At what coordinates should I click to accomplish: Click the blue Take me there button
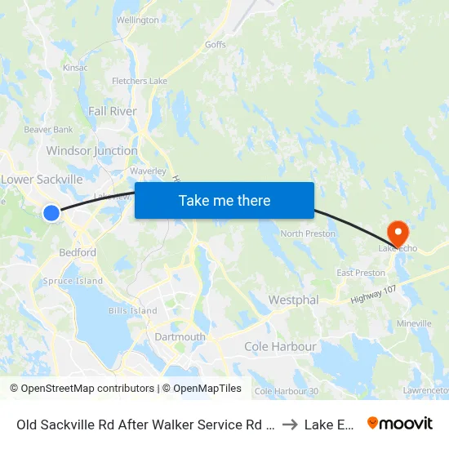click(224, 200)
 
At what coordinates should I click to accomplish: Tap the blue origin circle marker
click(51, 213)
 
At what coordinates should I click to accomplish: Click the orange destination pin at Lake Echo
click(398, 232)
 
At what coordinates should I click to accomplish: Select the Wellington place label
click(137, 20)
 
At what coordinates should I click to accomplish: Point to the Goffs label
click(216, 45)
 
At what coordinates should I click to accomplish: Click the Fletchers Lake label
click(140, 81)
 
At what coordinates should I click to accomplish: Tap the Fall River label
click(113, 111)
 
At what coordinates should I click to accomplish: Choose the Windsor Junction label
click(91, 151)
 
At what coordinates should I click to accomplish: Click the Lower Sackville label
click(42, 180)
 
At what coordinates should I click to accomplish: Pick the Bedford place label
click(78, 253)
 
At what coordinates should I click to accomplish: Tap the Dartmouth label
click(180, 337)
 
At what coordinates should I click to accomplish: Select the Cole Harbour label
click(280, 347)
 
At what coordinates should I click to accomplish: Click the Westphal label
click(293, 300)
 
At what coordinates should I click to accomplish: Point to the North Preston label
click(309, 234)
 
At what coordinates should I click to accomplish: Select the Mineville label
click(413, 324)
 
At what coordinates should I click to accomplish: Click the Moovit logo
click(399, 423)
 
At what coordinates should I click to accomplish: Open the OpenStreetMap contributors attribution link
click(82, 389)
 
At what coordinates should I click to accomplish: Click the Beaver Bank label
click(48, 129)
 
